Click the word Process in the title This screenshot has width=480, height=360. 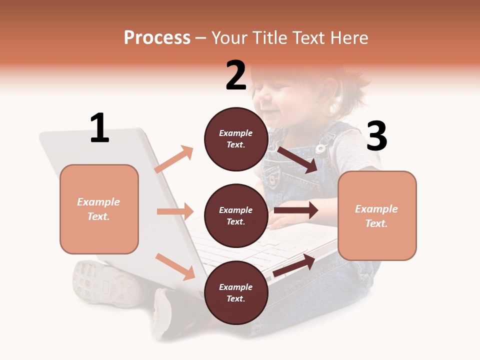pos(157,38)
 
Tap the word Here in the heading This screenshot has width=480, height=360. pos(348,38)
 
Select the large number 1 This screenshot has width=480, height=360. pos(99,128)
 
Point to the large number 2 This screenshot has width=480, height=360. pos(236,75)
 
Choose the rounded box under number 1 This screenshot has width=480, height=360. pos(99,209)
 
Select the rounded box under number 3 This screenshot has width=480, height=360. pos(377,215)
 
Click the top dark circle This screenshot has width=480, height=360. pos(236,139)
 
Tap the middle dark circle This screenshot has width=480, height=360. pos(236,215)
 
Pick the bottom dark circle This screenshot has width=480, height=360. pos(236,292)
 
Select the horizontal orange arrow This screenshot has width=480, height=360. pos(175,211)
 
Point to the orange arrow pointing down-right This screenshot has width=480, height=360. pos(175,266)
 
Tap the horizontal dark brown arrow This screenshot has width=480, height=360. pos(296,210)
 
